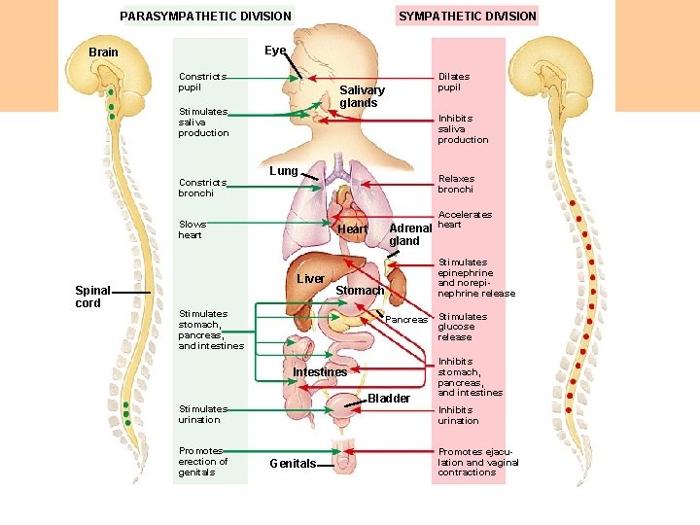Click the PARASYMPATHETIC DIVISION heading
tap(205, 16)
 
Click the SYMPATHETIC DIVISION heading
tap(467, 16)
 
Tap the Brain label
tap(103, 52)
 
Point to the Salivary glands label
tap(362, 96)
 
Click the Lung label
tap(283, 171)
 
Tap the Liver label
tap(310, 279)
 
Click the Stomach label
tap(360, 291)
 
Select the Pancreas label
tap(406, 320)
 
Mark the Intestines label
tap(320, 372)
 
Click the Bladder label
tap(390, 399)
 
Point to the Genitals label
tap(292, 464)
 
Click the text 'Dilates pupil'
tap(453, 82)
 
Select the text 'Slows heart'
tap(192, 229)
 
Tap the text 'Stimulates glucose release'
tap(462, 327)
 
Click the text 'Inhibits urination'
tap(458, 415)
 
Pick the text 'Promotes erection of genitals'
tap(203, 462)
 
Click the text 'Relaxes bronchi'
tap(456, 184)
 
